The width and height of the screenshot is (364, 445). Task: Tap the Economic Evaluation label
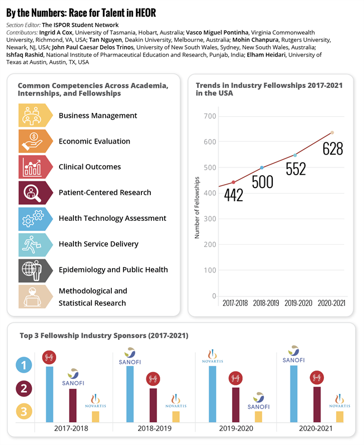(94, 141)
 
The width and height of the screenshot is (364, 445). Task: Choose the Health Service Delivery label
(99, 244)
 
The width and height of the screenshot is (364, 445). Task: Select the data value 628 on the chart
(333, 149)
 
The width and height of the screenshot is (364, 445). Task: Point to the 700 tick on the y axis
(209, 116)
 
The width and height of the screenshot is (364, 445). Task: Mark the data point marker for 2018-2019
(262, 167)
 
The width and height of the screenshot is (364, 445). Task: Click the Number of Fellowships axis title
(197, 207)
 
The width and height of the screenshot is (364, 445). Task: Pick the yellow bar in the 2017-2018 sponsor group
(95, 417)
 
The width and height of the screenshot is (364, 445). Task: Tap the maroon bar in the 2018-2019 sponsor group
(153, 405)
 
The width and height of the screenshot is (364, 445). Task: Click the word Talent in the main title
(85, 13)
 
